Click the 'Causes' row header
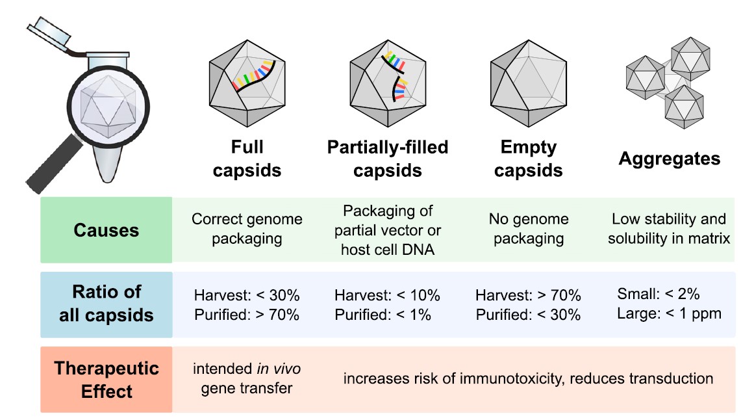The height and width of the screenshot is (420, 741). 107,230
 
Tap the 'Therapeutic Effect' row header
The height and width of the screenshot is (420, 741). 107,380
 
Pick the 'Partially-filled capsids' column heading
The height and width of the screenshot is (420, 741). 388,159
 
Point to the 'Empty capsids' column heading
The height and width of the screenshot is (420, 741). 528,159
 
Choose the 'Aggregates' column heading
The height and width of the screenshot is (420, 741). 669,159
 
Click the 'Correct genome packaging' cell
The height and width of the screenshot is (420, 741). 247,229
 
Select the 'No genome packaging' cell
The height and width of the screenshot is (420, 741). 528,229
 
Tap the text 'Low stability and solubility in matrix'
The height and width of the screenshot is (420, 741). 669,229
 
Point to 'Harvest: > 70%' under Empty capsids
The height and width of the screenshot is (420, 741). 528,295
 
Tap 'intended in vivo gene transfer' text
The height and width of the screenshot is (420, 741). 247,379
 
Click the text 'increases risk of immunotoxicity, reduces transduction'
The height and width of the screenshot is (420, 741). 528,378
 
